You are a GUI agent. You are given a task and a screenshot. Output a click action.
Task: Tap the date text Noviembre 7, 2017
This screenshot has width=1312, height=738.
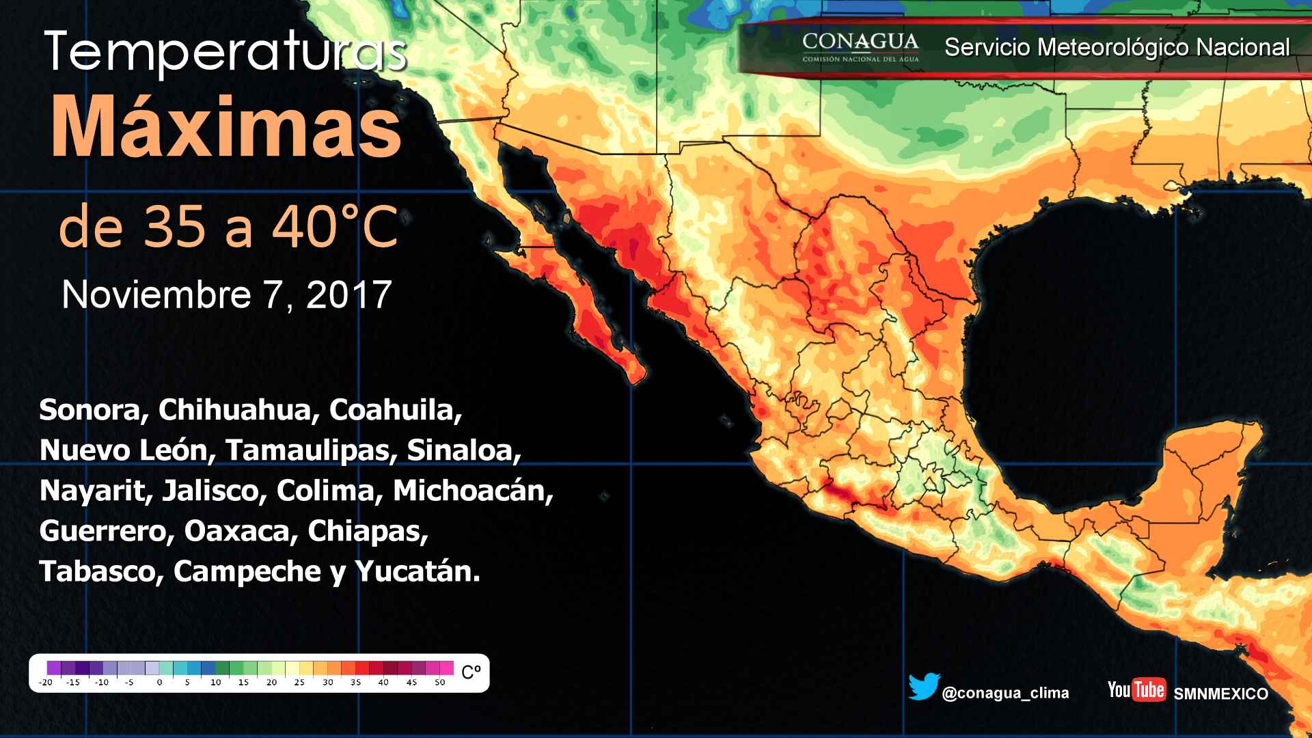pos(226,295)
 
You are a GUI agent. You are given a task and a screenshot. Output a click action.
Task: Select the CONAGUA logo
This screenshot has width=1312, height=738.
pos(860,46)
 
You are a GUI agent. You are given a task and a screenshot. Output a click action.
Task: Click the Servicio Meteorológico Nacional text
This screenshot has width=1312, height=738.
pos(1117,47)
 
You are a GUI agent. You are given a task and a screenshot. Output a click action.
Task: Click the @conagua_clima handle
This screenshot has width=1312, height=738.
pos(1005,693)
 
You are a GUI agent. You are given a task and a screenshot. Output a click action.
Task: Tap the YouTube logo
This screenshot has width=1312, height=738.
pos(1136,689)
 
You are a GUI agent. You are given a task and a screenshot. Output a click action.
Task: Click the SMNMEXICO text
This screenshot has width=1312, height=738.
pos(1220,694)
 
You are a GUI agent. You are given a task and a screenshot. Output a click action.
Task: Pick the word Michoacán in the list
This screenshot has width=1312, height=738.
pos(473,491)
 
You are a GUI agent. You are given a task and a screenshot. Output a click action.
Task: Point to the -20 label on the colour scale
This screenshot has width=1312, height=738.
pos(46,682)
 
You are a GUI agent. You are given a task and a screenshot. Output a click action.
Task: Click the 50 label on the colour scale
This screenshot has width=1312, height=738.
pos(439,682)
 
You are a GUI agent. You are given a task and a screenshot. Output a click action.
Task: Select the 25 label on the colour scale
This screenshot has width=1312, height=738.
pos(299,682)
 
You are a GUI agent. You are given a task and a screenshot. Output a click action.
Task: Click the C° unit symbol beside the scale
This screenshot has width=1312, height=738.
pos(471,672)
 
